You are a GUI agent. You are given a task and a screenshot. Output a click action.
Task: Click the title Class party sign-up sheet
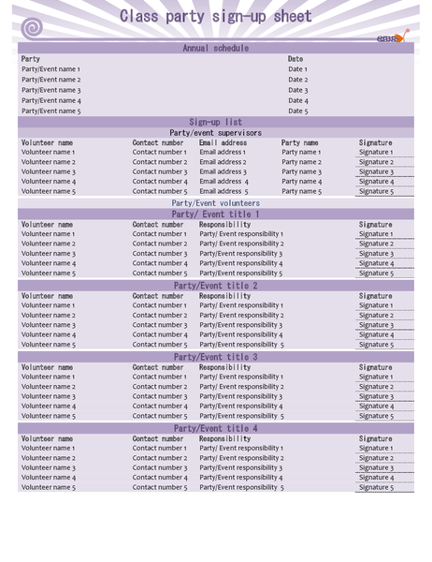[215, 17]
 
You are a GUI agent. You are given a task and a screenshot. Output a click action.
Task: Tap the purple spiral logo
[32, 28]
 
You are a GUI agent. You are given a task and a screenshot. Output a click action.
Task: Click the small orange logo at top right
[393, 38]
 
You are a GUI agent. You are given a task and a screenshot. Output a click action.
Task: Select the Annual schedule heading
[215, 49]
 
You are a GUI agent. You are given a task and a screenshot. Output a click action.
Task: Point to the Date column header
[295, 59]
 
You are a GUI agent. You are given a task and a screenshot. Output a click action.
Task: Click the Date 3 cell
[297, 90]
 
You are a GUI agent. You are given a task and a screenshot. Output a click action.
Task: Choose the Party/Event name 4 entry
[51, 100]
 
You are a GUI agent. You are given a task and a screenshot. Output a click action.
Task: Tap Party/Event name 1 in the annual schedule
[51, 69]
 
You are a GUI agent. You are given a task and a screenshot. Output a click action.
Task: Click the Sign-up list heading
[215, 122]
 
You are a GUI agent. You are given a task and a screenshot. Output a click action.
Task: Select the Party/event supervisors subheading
[215, 133]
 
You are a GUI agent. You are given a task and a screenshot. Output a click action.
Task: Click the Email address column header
[223, 143]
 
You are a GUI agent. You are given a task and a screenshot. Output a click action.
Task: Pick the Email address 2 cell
[223, 162]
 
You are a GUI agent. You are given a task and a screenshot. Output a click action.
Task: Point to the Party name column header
[300, 143]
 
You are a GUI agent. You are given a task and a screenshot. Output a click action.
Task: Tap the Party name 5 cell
[301, 191]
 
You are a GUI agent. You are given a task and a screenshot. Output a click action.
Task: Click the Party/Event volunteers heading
[215, 203]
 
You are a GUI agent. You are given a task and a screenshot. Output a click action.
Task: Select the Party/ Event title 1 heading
[215, 214]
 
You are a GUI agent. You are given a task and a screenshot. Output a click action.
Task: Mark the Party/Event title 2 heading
[215, 286]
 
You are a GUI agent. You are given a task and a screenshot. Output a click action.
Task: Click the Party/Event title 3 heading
[215, 357]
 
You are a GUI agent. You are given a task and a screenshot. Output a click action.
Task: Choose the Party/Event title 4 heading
[215, 428]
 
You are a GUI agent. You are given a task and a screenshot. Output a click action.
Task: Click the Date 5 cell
[297, 111]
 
